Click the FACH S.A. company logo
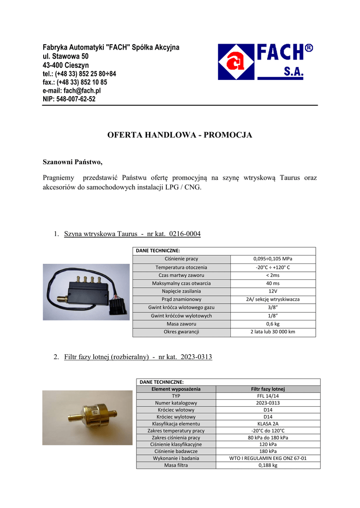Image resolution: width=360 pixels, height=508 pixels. [x=265, y=62]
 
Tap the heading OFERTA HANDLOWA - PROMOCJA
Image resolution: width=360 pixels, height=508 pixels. [x=180, y=135]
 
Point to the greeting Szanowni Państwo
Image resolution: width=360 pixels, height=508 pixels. [x=73, y=162]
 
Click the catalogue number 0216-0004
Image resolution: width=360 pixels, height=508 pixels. [x=185, y=234]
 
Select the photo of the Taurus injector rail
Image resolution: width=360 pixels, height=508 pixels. [x=85, y=292]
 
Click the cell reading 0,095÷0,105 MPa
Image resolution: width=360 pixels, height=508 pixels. [x=273, y=259]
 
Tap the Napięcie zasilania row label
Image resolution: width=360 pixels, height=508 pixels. [x=181, y=291]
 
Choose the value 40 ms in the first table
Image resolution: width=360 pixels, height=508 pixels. [x=273, y=283]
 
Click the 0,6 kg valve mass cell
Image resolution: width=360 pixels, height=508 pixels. [x=273, y=323]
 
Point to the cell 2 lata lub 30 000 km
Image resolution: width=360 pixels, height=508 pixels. [x=273, y=331]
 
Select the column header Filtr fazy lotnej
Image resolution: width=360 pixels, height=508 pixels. [x=268, y=389]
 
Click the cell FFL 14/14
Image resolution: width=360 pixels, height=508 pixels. [x=268, y=396]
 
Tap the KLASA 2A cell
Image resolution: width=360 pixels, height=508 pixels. [x=268, y=424]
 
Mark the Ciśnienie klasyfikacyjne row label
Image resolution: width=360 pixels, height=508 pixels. [x=176, y=444]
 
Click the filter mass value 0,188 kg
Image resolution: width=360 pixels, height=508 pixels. [x=268, y=465]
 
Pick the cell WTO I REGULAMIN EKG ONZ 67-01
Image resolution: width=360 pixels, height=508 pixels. [x=268, y=458]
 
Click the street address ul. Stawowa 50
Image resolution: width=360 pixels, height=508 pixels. [x=66, y=57]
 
